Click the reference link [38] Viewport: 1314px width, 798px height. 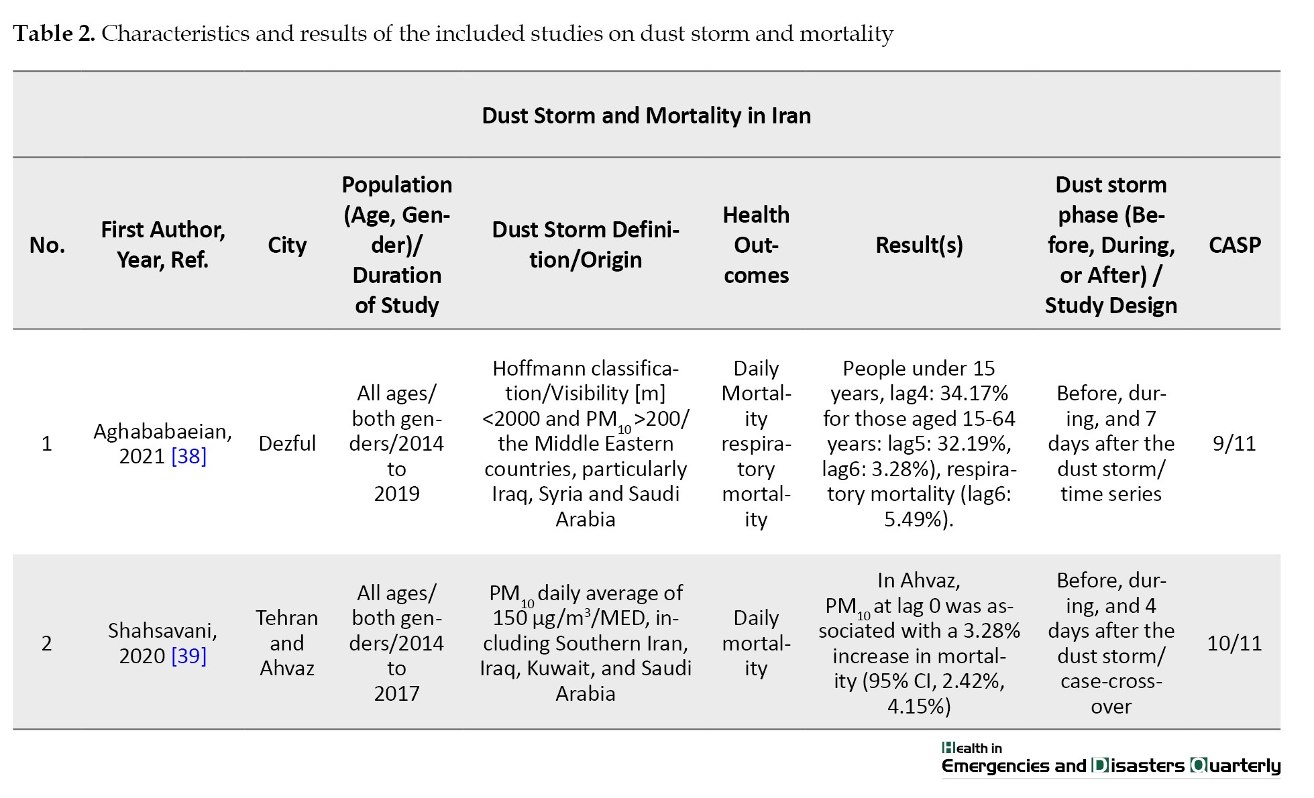pos(189,456)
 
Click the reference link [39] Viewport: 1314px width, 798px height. pos(189,656)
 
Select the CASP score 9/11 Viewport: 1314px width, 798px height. pos(1234,443)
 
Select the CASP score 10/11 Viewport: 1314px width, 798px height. pos(1234,643)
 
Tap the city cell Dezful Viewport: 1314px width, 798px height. pos(287,443)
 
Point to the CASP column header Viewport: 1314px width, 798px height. pos(1235,245)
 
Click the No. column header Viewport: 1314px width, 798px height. pos(47,245)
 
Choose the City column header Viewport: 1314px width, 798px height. pos(287,245)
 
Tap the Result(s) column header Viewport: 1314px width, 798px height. pos(919,245)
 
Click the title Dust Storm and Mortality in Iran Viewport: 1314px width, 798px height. pos(646,115)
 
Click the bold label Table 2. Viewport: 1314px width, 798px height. pos(54,34)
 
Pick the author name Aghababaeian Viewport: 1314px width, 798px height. pos(163,431)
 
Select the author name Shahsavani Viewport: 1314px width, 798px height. pos(163,630)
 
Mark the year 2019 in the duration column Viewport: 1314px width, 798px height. pos(396,494)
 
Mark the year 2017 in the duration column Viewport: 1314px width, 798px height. pos(396,693)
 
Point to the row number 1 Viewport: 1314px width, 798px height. pos(46,443)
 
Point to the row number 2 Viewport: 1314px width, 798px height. pos(46,643)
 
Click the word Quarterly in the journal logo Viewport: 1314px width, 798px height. pos(1236,766)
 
